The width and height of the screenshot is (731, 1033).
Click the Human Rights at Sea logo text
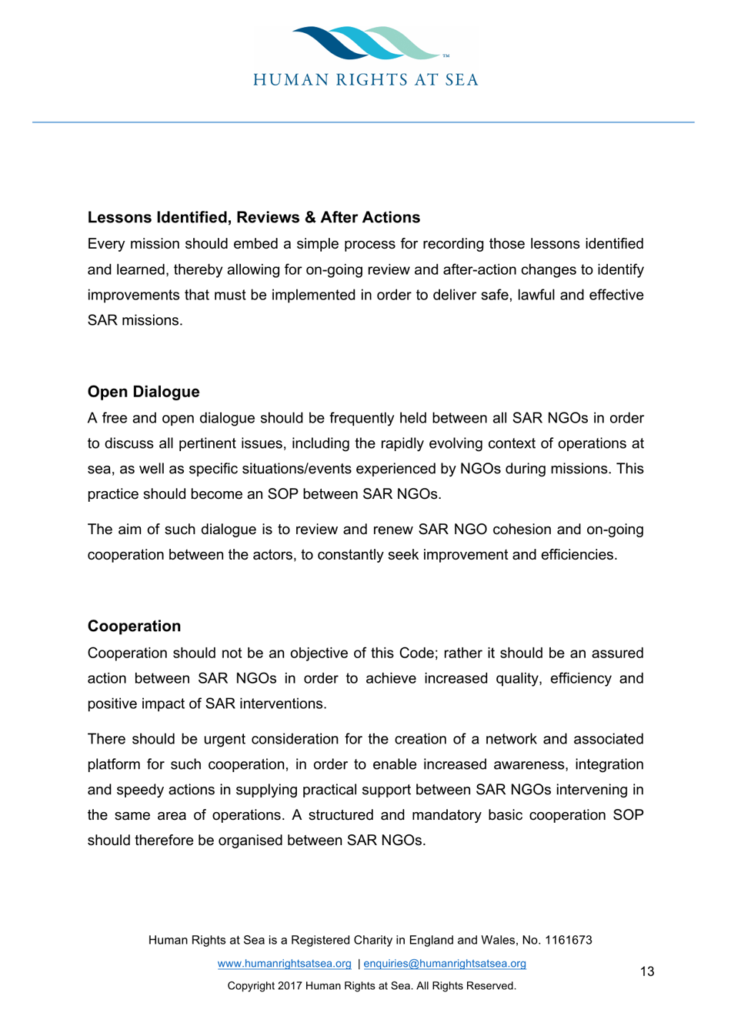point(366,80)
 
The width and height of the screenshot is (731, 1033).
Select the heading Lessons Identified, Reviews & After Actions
point(254,218)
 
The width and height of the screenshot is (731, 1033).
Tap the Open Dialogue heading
point(143,392)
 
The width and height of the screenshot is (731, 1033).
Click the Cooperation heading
point(134,627)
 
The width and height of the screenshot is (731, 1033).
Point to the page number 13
point(647,971)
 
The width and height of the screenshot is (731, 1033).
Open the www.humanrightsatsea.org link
point(284,964)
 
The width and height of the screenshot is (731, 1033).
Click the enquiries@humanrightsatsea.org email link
point(445,964)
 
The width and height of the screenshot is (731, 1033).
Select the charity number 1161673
point(569,940)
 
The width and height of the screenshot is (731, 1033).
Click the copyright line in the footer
point(372,986)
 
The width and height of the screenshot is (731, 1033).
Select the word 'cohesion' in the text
point(520,530)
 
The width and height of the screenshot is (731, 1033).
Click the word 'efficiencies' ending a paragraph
point(576,556)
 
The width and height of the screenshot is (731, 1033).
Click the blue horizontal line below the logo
point(363,122)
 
